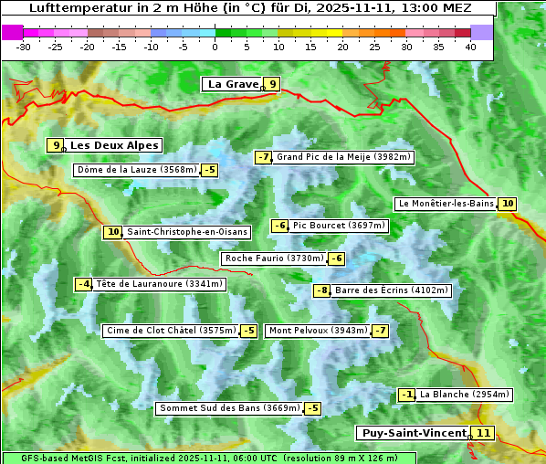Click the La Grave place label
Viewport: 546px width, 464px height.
coord(233,84)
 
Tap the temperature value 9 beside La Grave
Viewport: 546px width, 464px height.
coord(272,84)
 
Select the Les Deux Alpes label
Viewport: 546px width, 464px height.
coord(115,145)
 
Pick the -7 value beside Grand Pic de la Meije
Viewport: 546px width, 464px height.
coord(263,157)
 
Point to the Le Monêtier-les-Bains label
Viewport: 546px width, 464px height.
coord(446,204)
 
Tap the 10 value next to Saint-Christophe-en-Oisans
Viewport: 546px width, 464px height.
coord(113,232)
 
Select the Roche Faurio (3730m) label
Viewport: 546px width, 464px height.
coord(274,258)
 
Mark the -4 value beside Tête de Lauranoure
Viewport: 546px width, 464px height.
coord(84,284)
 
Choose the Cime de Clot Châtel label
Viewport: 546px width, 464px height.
coord(171,331)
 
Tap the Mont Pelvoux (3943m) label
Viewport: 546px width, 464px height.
coord(318,331)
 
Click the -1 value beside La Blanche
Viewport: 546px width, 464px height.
coord(407,395)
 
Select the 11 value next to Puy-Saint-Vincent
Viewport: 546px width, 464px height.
coord(483,433)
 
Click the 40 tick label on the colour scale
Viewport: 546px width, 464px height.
coord(470,47)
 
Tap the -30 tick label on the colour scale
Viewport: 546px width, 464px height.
coord(24,47)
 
